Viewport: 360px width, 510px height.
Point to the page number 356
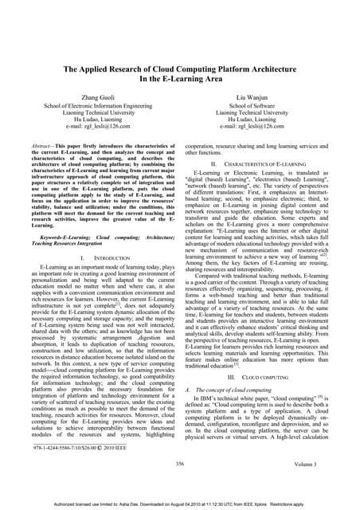179,484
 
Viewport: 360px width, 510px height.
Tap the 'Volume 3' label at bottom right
313,484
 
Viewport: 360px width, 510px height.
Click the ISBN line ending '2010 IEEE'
76,471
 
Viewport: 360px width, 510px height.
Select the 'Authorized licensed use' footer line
180,504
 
